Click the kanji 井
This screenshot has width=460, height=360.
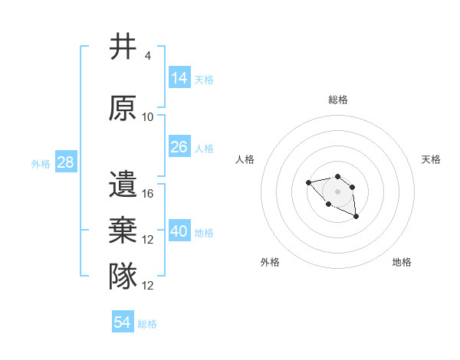click(123, 47)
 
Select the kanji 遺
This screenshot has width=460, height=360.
click(123, 185)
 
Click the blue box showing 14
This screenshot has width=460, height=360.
click(179, 77)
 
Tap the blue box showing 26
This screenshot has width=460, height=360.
click(179, 146)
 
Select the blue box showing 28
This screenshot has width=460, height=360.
click(65, 162)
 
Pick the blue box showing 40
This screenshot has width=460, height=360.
click(179, 231)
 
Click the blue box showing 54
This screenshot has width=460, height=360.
click(123, 322)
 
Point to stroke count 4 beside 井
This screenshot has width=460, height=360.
click(148, 56)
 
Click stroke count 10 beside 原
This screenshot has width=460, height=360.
click(148, 116)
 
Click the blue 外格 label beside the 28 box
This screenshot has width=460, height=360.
click(41, 163)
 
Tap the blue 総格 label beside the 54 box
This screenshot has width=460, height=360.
click(147, 324)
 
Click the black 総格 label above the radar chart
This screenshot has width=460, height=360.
click(337, 100)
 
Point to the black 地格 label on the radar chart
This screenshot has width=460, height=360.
click(402, 262)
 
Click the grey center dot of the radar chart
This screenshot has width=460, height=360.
click(337, 191)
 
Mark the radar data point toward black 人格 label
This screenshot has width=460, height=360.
click(308, 182)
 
